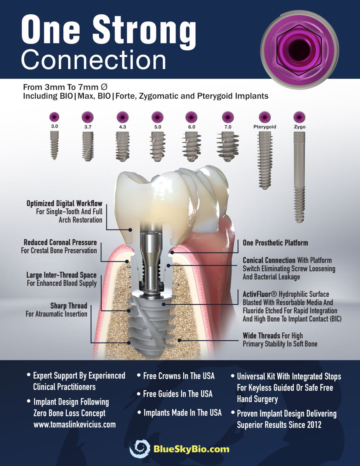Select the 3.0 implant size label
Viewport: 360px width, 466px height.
coord(55,127)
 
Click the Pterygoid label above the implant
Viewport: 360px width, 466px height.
coord(265,127)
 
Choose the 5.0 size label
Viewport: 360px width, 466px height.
coord(157,127)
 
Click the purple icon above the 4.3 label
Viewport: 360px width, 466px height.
coord(123,117)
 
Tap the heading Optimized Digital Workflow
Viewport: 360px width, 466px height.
coord(64,203)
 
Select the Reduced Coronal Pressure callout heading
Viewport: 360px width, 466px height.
coord(60,243)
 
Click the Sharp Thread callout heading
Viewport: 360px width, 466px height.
coord(69,306)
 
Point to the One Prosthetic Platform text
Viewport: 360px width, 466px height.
coord(275,243)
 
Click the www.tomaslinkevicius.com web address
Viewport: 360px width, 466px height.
coord(75,424)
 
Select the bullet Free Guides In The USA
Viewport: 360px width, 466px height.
coord(178,394)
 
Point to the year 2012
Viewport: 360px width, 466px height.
coord(313,424)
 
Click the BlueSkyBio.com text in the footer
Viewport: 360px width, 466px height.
coord(191,449)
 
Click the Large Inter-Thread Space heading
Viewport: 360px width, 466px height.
coord(61,275)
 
